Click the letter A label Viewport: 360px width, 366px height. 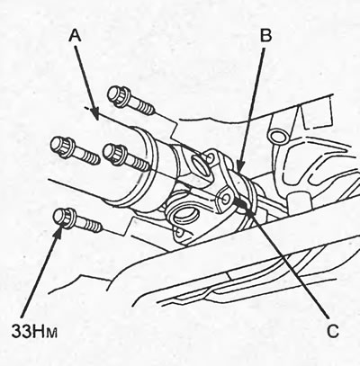[75, 36]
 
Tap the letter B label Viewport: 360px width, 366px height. [265, 35]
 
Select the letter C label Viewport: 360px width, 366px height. [332, 331]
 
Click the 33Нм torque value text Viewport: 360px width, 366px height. [34, 331]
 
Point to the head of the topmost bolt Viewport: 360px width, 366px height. [118, 95]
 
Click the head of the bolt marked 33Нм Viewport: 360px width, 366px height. [64, 219]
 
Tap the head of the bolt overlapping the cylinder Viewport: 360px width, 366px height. [113, 155]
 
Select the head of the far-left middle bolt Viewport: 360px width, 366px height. [61, 147]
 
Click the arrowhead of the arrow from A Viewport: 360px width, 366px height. [94, 114]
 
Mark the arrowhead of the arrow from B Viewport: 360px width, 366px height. [239, 170]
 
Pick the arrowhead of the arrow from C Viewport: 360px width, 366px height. [240, 203]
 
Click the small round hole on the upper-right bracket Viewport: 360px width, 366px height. [277, 136]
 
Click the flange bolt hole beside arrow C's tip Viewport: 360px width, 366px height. [225, 198]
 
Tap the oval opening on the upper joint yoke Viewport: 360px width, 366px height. [199, 165]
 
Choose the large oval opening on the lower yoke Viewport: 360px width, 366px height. [185, 214]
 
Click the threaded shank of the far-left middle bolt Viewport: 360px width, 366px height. [85, 154]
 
